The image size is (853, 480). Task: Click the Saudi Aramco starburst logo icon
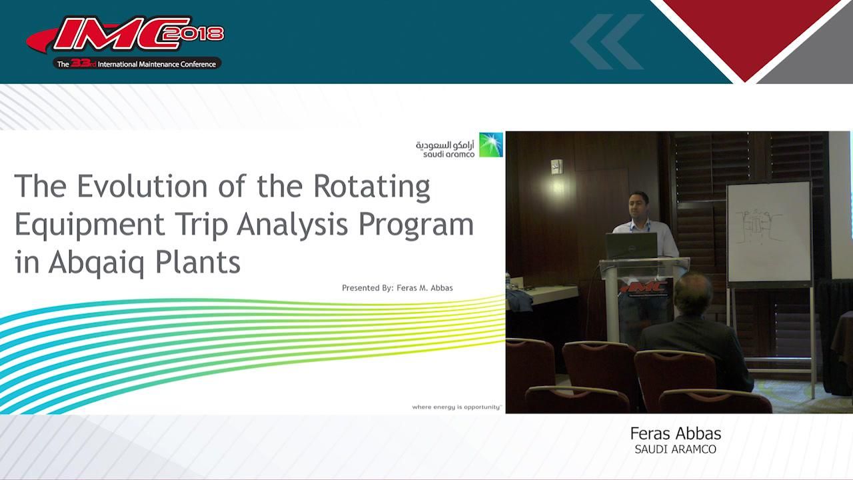tap(491, 145)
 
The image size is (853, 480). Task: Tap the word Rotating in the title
tap(372, 186)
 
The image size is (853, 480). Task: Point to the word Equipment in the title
tap(89, 225)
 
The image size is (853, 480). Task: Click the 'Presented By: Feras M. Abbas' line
tap(397, 288)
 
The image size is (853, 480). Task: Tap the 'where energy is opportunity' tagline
tap(456, 406)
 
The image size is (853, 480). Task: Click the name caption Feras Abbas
tap(675, 433)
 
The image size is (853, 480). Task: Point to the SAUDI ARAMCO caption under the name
tap(675, 449)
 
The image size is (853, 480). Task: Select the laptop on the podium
tap(631, 245)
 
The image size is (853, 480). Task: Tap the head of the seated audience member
tap(693, 294)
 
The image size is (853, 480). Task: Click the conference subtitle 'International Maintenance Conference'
tap(157, 64)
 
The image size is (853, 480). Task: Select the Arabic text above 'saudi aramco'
tap(444, 144)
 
